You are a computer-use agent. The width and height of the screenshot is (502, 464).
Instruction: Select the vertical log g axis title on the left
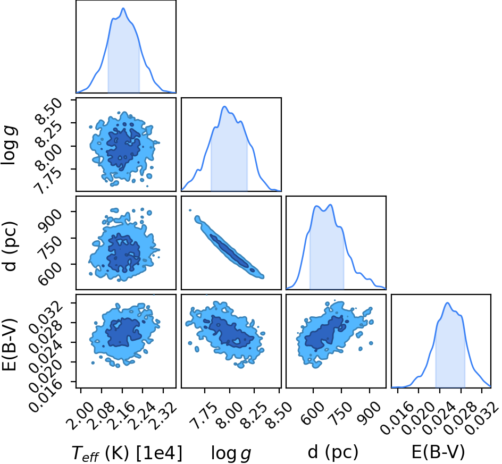click(x=9, y=146)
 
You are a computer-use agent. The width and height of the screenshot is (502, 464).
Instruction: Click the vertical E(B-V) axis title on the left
click(x=9, y=344)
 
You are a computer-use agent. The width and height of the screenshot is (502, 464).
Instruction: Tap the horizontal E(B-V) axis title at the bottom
click(x=438, y=452)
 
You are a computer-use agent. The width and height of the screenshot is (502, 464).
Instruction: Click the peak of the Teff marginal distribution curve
click(x=123, y=9)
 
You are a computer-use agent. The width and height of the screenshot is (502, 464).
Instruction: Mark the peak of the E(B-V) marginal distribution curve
click(x=447, y=303)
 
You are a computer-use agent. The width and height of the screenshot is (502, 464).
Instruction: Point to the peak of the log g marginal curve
click(x=224, y=106)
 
